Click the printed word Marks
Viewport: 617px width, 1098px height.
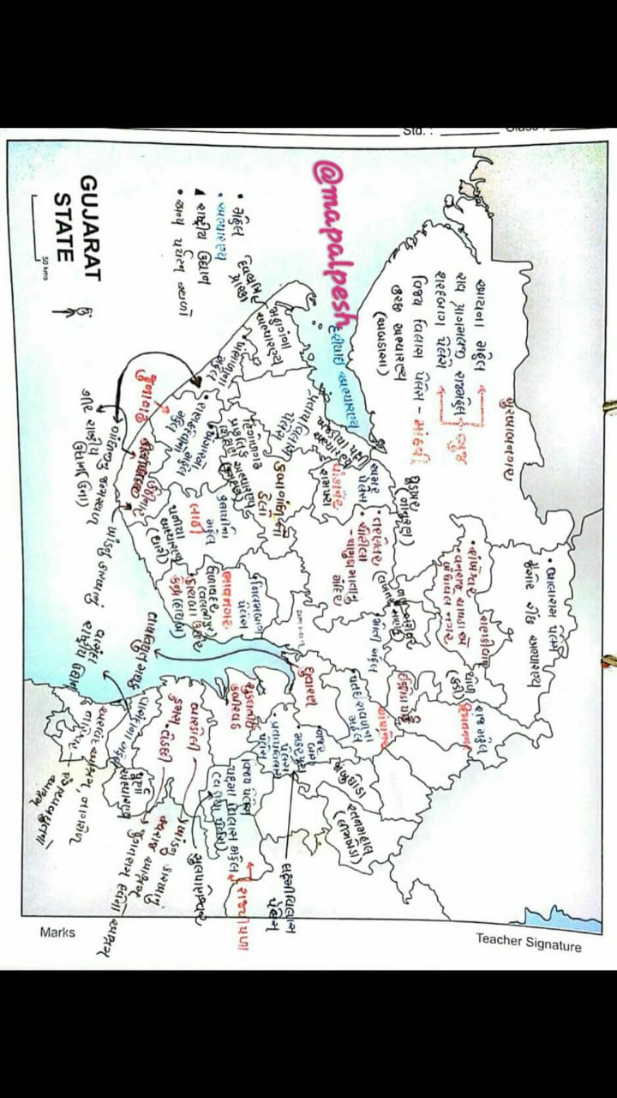coord(57,932)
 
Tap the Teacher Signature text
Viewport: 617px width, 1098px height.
coord(529,943)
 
